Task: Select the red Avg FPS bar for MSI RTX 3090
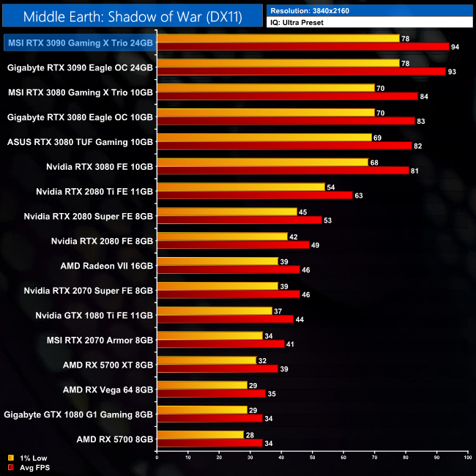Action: pyautogui.click(x=302, y=47)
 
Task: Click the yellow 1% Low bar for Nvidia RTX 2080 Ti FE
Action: pyautogui.click(x=240, y=187)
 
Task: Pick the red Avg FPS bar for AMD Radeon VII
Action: pyautogui.click(x=228, y=269)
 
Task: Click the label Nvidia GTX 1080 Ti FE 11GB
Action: pyautogui.click(x=94, y=315)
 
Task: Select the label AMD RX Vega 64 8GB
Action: pyautogui.click(x=108, y=390)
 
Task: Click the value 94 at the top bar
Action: pyautogui.click(x=456, y=47)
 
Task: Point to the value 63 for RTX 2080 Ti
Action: pyautogui.click(x=359, y=196)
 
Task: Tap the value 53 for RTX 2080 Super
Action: pyautogui.click(x=327, y=220)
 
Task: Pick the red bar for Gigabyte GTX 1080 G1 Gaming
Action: pyautogui.click(x=209, y=418)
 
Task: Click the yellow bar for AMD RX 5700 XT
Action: pyautogui.click(x=207, y=360)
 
